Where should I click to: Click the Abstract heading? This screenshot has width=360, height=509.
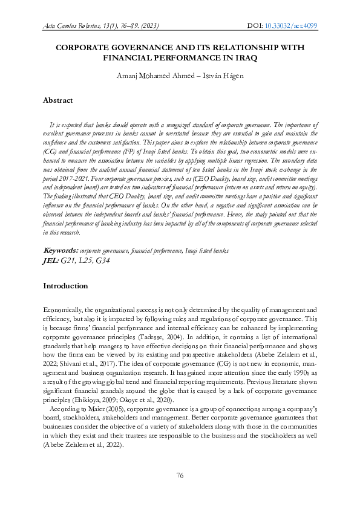tap(58, 100)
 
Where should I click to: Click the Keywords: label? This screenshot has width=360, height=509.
tap(61, 250)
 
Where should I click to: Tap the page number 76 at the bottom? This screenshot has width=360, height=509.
tap(180, 476)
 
